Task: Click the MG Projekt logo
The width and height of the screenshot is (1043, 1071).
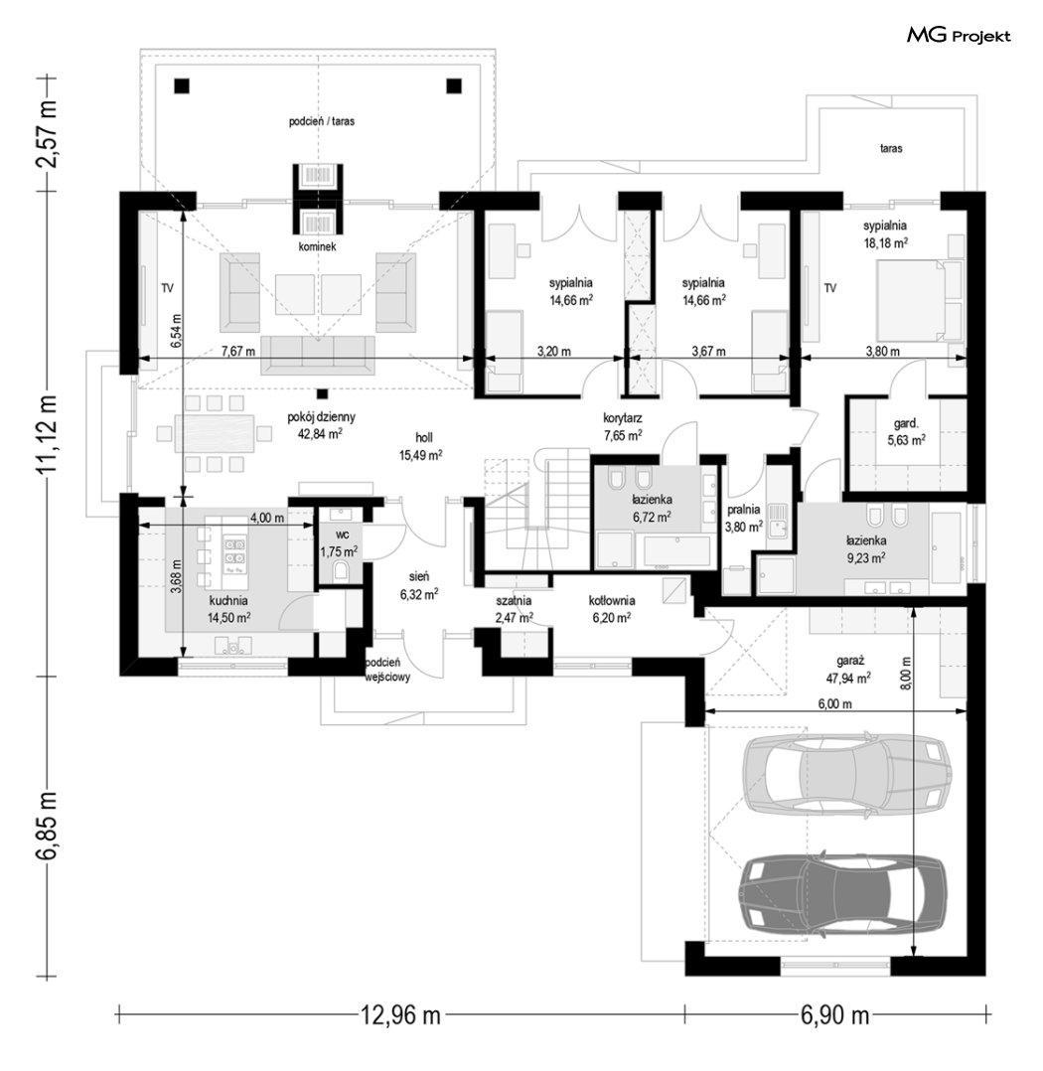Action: click(x=959, y=36)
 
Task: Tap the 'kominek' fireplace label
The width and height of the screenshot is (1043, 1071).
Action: click(x=317, y=246)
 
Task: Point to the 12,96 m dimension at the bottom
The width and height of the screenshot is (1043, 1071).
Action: click(x=400, y=1015)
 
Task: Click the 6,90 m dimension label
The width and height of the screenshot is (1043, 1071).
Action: click(x=834, y=1015)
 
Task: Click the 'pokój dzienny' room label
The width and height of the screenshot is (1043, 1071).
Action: click(x=321, y=416)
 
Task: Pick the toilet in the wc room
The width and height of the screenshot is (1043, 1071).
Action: click(x=341, y=571)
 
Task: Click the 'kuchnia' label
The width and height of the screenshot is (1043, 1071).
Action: click(x=228, y=601)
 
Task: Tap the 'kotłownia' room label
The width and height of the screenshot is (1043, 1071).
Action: click(x=612, y=601)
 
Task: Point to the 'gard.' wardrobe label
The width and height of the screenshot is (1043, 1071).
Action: click(x=906, y=423)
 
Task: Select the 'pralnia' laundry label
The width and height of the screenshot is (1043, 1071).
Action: click(x=743, y=509)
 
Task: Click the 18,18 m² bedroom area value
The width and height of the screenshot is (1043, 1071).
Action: click(x=885, y=243)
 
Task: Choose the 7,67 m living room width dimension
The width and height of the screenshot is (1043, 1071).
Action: click(x=238, y=352)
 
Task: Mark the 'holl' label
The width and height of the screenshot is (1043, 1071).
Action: click(x=424, y=438)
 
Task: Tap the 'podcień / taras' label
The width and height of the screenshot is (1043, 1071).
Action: click(x=321, y=121)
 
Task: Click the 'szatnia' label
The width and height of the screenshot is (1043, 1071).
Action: click(x=514, y=601)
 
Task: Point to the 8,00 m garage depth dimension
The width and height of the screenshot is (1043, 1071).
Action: click(x=906, y=675)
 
